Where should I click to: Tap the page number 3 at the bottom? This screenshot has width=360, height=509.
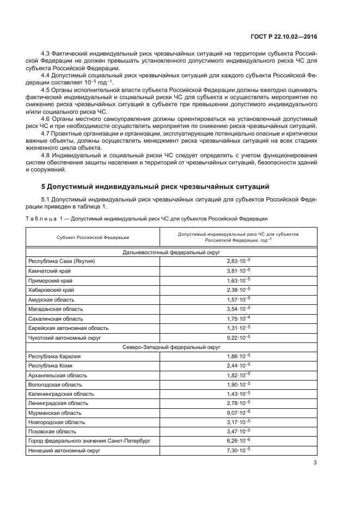click(x=315, y=463)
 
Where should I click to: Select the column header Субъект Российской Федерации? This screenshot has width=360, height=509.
click(x=93, y=237)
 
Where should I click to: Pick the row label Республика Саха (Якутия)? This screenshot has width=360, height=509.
click(x=62, y=261)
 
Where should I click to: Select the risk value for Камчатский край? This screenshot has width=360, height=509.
click(x=238, y=271)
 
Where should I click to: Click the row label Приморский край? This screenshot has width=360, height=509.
click(x=51, y=280)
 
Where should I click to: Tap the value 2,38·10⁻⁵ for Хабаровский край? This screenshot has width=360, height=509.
click(x=238, y=290)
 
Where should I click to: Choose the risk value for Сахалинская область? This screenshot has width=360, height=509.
click(x=238, y=318)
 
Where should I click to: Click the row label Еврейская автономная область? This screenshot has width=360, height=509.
click(x=68, y=328)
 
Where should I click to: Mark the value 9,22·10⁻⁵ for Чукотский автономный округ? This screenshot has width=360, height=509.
click(x=238, y=337)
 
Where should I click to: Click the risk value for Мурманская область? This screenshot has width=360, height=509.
click(x=238, y=412)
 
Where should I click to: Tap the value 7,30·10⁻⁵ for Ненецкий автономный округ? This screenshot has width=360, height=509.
click(x=238, y=450)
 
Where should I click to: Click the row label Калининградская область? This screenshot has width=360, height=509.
click(x=61, y=393)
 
